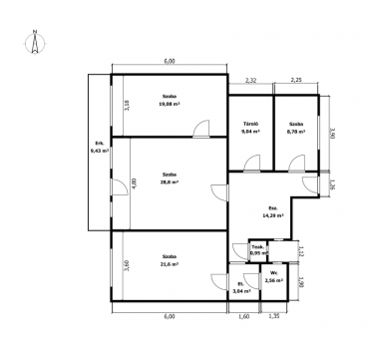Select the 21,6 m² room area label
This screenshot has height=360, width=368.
tap(169, 265)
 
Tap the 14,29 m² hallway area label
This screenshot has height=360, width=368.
tap(271, 212)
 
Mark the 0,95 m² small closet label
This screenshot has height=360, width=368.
tap(255, 251)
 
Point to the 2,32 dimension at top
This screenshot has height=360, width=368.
tap(249, 81)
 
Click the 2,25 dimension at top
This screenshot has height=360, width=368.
tap(296, 81)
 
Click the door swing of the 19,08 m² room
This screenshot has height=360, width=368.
tap(201, 129)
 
